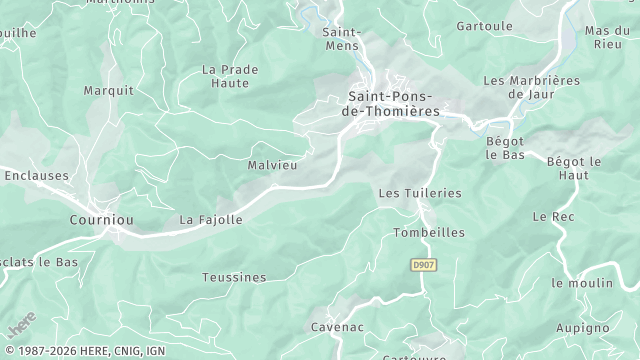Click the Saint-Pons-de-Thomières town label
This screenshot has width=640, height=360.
(393, 104)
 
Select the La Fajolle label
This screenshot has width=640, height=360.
(211, 219)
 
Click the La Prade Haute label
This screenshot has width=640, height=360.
(230, 77)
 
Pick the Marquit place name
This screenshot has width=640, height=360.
(109, 90)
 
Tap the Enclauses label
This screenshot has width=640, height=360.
(36, 175)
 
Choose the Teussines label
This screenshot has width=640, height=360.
(234, 276)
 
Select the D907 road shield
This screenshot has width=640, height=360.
(424, 264)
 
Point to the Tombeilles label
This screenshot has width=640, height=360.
(429, 232)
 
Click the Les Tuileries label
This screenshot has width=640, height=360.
(420, 192)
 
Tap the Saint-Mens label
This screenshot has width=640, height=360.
(341, 38)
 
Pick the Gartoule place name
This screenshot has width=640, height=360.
(484, 25)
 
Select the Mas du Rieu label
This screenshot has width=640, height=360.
(608, 37)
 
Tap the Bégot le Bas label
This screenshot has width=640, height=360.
(506, 149)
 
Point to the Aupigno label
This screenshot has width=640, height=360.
(581, 327)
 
